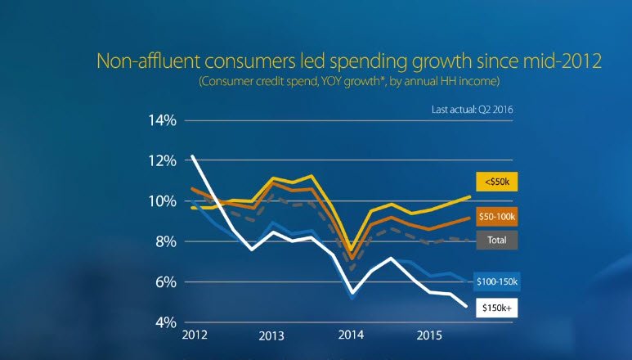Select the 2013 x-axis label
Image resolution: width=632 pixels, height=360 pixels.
tap(272, 336)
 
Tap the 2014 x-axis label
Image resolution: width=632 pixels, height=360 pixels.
tap(352, 336)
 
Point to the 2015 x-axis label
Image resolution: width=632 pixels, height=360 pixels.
tap(431, 336)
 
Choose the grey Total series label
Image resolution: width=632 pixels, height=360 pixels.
tap(496, 241)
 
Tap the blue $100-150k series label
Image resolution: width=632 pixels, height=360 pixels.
tap(496, 281)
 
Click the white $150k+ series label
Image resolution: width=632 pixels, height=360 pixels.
tap(496, 308)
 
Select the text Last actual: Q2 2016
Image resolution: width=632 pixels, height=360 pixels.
tap(473, 108)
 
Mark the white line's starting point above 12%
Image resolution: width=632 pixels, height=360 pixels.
tap(192, 155)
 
